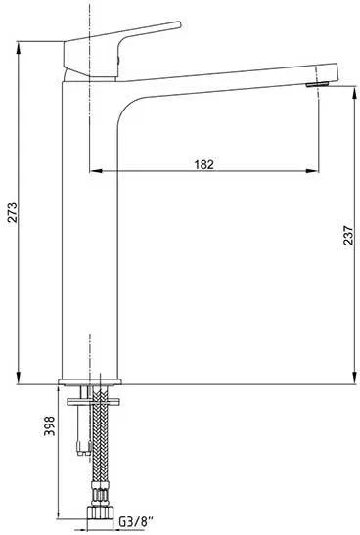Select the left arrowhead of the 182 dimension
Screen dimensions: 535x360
click(94, 172)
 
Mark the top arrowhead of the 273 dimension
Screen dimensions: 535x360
click(22, 45)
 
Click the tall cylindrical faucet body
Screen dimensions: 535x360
click(90, 245)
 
